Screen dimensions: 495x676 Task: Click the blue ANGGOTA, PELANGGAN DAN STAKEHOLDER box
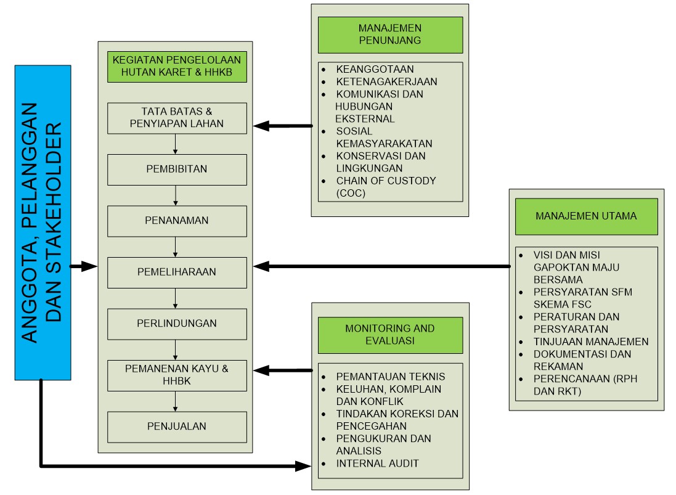click(x=43, y=222)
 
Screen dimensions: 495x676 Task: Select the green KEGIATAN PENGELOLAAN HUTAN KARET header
click(x=177, y=67)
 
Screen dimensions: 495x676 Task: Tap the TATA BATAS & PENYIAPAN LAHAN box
click(x=177, y=118)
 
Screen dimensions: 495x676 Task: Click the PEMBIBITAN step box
click(x=177, y=169)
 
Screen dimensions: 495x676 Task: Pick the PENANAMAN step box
click(x=177, y=221)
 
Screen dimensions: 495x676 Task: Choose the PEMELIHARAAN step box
click(x=177, y=272)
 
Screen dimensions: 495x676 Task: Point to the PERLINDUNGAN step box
click(x=177, y=324)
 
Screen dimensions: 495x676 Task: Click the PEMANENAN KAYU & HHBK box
click(x=177, y=375)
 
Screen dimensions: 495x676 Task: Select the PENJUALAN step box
click(x=177, y=426)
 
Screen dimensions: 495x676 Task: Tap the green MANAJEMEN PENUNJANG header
click(x=390, y=35)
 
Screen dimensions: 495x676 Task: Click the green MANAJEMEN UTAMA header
click(x=586, y=216)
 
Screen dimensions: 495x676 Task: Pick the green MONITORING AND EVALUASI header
click(x=390, y=335)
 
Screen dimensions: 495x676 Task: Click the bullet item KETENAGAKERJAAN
click(x=386, y=81)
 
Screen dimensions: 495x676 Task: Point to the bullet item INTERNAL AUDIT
click(x=377, y=463)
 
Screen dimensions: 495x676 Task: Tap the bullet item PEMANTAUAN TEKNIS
click(x=390, y=377)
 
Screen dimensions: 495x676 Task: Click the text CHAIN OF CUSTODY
click(x=386, y=181)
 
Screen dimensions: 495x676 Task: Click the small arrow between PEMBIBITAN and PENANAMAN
click(x=176, y=196)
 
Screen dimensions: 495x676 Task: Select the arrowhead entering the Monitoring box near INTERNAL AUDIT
click(x=304, y=465)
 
